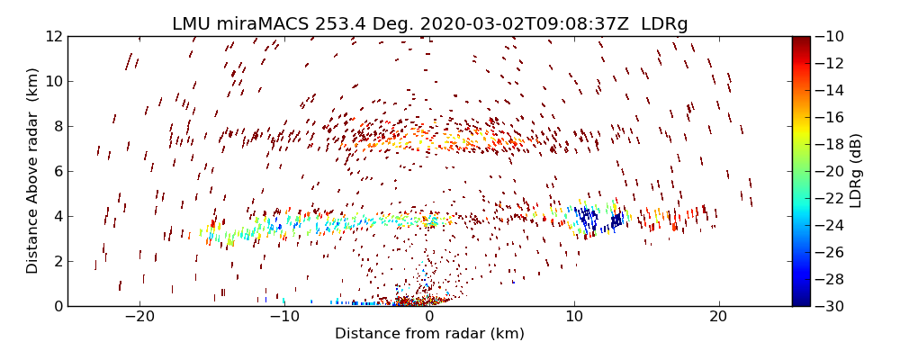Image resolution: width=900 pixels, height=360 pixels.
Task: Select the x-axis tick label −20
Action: pos(139,318)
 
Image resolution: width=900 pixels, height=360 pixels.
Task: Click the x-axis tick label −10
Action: pos(284,318)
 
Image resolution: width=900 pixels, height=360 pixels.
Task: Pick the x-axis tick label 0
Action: pos(429,318)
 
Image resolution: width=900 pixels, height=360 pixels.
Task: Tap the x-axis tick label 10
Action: pos(574,318)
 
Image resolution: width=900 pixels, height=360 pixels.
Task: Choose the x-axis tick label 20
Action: pos(718,318)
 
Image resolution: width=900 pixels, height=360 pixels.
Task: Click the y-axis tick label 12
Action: pos(53,37)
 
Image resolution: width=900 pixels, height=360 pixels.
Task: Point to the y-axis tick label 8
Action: pos(57,127)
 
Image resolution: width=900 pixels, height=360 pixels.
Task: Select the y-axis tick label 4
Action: pos(57,216)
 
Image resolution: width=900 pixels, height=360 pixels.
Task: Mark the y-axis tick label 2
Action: pos(57,261)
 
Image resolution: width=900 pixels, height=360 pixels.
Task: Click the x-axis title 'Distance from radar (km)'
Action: pos(429,334)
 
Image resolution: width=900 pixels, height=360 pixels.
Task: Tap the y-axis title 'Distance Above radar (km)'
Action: pos(33,171)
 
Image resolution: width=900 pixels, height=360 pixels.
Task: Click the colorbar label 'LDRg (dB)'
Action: pos(856,171)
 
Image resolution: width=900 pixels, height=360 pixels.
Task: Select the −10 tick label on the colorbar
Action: pos(832,37)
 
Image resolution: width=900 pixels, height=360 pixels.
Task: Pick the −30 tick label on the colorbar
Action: pos(832,306)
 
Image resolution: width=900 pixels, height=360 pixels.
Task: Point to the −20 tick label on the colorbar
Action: pos(832,171)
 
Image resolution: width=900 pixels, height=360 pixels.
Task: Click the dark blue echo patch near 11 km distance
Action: pos(588,219)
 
